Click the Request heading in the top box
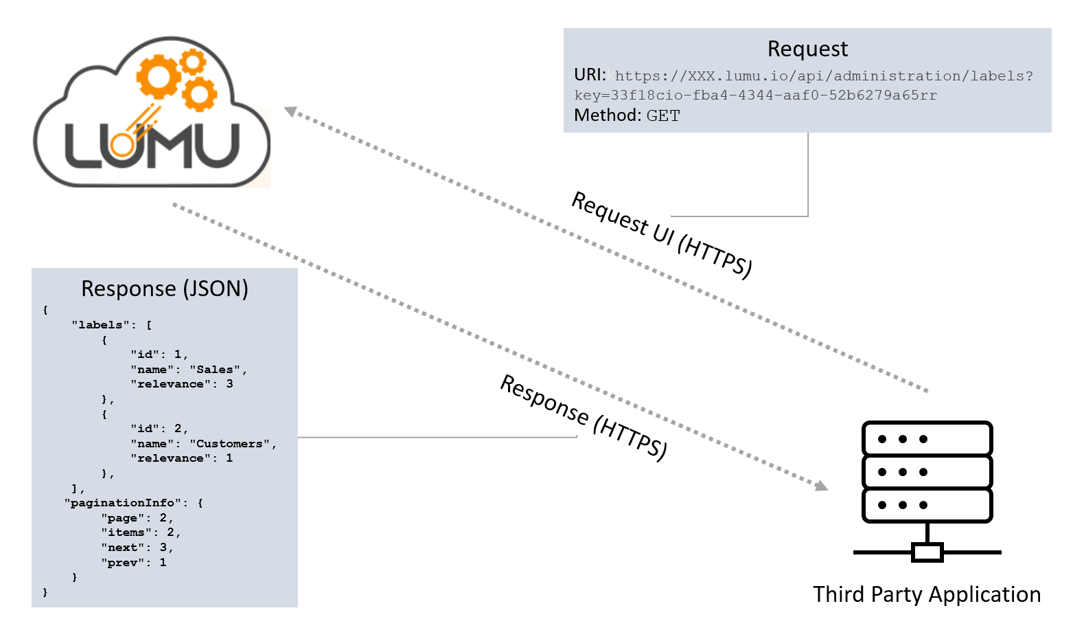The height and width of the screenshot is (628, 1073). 807,49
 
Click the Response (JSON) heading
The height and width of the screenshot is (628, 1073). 165,289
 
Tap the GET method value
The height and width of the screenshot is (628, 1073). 663,115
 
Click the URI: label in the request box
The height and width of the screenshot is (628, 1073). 590,75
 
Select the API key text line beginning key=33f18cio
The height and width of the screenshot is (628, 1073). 755,96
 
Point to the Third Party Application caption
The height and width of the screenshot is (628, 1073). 926,594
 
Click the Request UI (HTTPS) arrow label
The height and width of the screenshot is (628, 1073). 662,235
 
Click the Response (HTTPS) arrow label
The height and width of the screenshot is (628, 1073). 584,417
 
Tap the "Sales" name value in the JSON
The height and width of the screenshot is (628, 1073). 215,370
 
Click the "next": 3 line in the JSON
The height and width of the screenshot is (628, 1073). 137,548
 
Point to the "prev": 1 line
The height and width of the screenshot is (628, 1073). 134,563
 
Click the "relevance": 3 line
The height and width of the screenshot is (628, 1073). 181,384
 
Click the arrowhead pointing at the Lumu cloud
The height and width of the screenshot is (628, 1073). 291,111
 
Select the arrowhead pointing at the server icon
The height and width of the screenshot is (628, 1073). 821,486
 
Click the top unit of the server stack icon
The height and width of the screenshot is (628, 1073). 927,438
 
